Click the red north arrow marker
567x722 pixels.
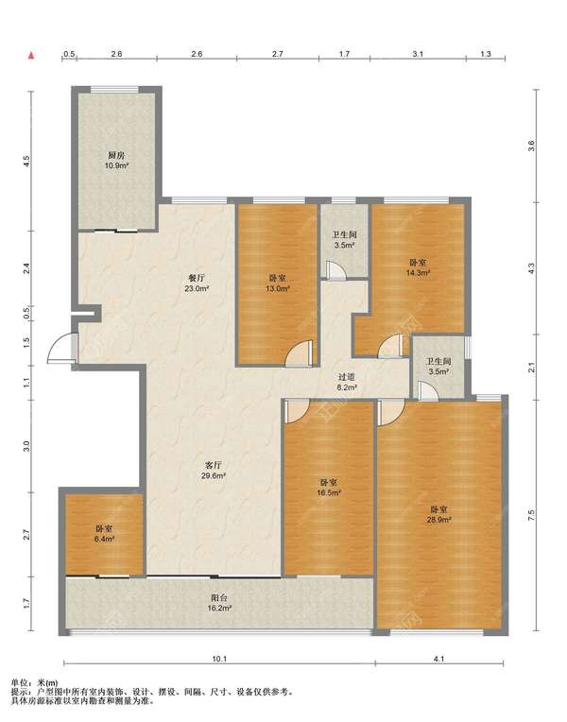pyautogui.click(x=31, y=56)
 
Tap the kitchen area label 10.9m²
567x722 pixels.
pyautogui.click(x=116, y=165)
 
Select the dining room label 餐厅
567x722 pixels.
pyautogui.click(x=197, y=279)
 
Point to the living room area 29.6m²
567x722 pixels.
pyautogui.click(x=214, y=475)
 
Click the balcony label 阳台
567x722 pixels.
pyautogui.click(x=219, y=597)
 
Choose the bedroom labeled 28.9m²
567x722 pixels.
pyautogui.click(x=439, y=520)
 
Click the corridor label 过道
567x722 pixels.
pyautogui.click(x=347, y=378)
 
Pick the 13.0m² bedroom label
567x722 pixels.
pyautogui.click(x=278, y=289)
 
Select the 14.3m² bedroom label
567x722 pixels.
pyautogui.click(x=418, y=272)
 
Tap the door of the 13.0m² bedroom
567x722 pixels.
pyautogui.click(x=300, y=353)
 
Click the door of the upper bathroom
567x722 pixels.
pyautogui.click(x=335, y=270)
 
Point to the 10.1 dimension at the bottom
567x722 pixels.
pyautogui.click(x=219, y=659)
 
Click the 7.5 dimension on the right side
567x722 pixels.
pyautogui.click(x=531, y=515)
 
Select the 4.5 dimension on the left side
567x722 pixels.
pyautogui.click(x=26, y=162)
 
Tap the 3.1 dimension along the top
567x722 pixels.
pyautogui.click(x=418, y=54)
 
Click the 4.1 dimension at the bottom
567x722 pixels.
pyautogui.click(x=439, y=659)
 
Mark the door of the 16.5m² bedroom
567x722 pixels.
pyautogui.click(x=297, y=411)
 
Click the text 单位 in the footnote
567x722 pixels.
pyautogui.click(x=19, y=683)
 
